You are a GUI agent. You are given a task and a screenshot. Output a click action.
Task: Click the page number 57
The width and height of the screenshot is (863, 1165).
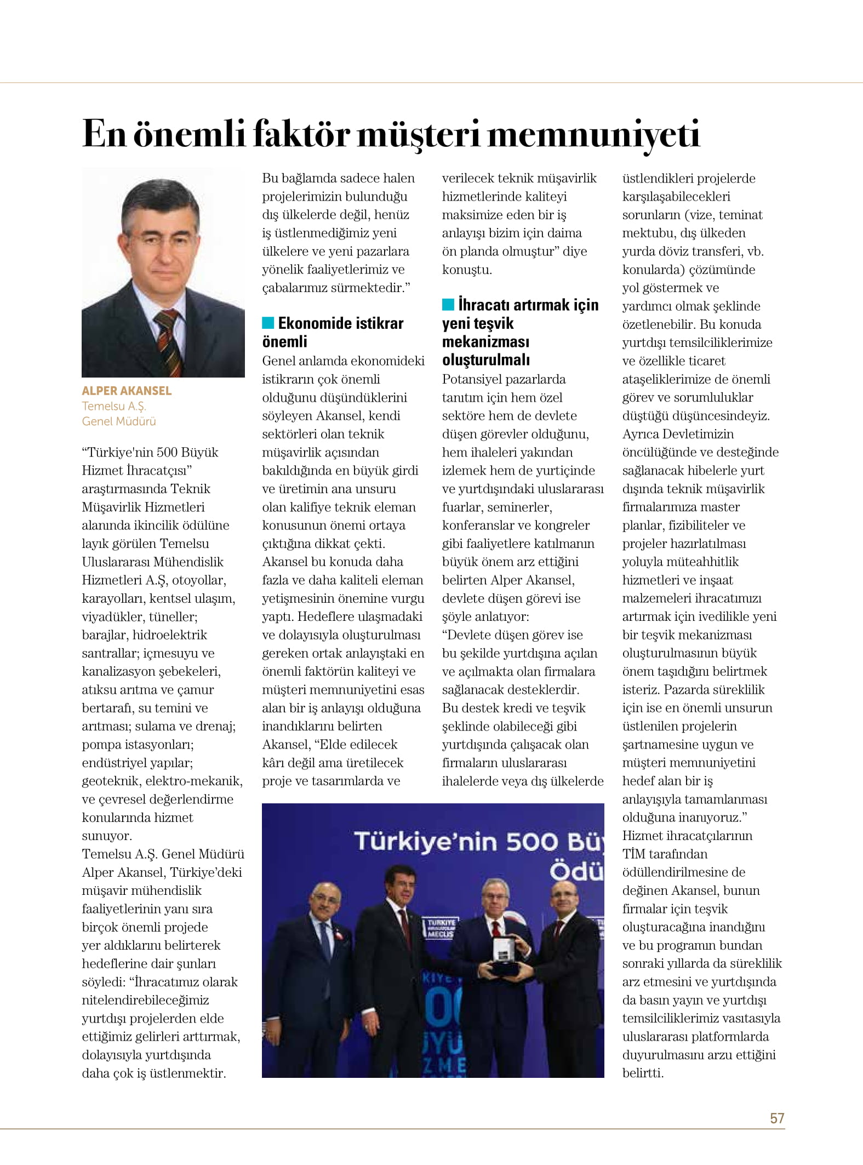(x=776, y=1118)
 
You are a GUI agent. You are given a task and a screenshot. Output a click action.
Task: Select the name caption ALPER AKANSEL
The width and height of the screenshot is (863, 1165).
(x=127, y=391)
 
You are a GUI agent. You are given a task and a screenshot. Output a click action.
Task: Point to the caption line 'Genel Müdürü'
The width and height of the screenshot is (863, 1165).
(x=119, y=421)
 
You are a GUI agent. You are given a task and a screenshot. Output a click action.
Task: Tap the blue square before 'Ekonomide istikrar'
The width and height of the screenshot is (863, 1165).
(x=268, y=323)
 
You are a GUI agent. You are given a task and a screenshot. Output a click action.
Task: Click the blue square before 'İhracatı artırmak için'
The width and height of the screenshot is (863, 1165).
(x=448, y=304)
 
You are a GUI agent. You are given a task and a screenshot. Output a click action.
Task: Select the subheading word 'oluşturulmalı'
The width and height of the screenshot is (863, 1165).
(x=486, y=360)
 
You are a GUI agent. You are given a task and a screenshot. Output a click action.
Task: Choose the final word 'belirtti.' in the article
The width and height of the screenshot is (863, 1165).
(x=643, y=1073)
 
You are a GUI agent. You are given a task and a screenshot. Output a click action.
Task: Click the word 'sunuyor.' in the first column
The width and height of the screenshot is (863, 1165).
(x=107, y=836)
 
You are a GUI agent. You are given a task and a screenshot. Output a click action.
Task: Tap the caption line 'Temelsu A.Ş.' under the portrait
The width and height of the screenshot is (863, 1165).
(x=114, y=406)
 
